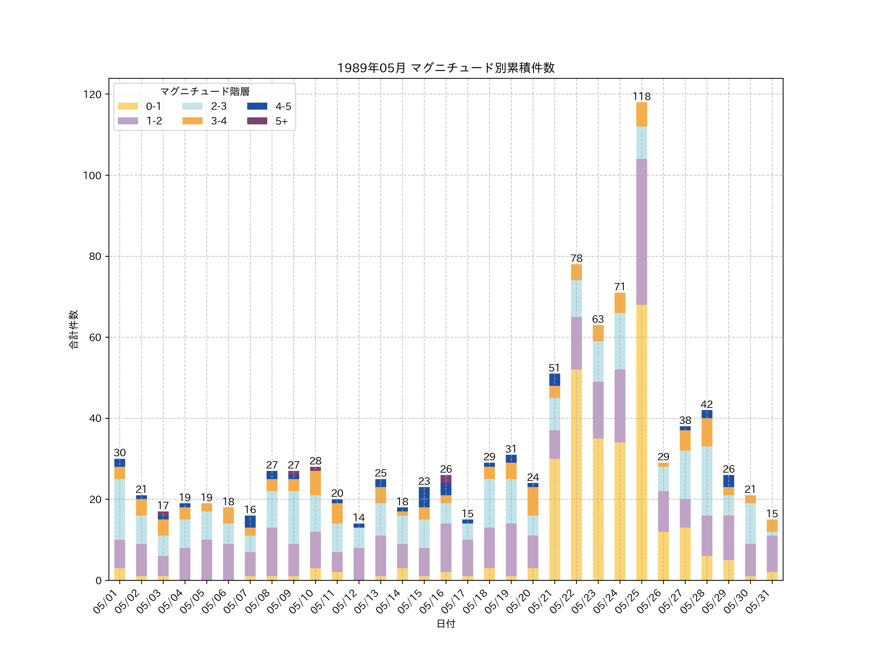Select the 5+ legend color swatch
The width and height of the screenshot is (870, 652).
tap(257, 121)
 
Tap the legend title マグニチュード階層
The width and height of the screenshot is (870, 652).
tap(204, 92)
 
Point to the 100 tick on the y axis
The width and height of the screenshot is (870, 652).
tap(92, 176)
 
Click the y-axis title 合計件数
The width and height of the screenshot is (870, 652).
tap(73, 329)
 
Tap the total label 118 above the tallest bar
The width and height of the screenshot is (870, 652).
tap(641, 96)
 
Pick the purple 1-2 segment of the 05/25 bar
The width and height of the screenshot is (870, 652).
tap(641, 232)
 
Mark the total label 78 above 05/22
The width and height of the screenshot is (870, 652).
tap(576, 258)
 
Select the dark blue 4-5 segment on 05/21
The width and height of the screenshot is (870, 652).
tap(555, 380)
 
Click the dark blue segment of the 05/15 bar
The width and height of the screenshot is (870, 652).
tap(424, 497)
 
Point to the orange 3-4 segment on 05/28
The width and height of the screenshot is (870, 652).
tap(707, 432)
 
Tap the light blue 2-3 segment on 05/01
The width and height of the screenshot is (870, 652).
tap(120, 509)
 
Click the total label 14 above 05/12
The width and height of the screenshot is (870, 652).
tap(359, 517)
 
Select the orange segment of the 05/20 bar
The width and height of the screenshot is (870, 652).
tap(533, 501)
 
